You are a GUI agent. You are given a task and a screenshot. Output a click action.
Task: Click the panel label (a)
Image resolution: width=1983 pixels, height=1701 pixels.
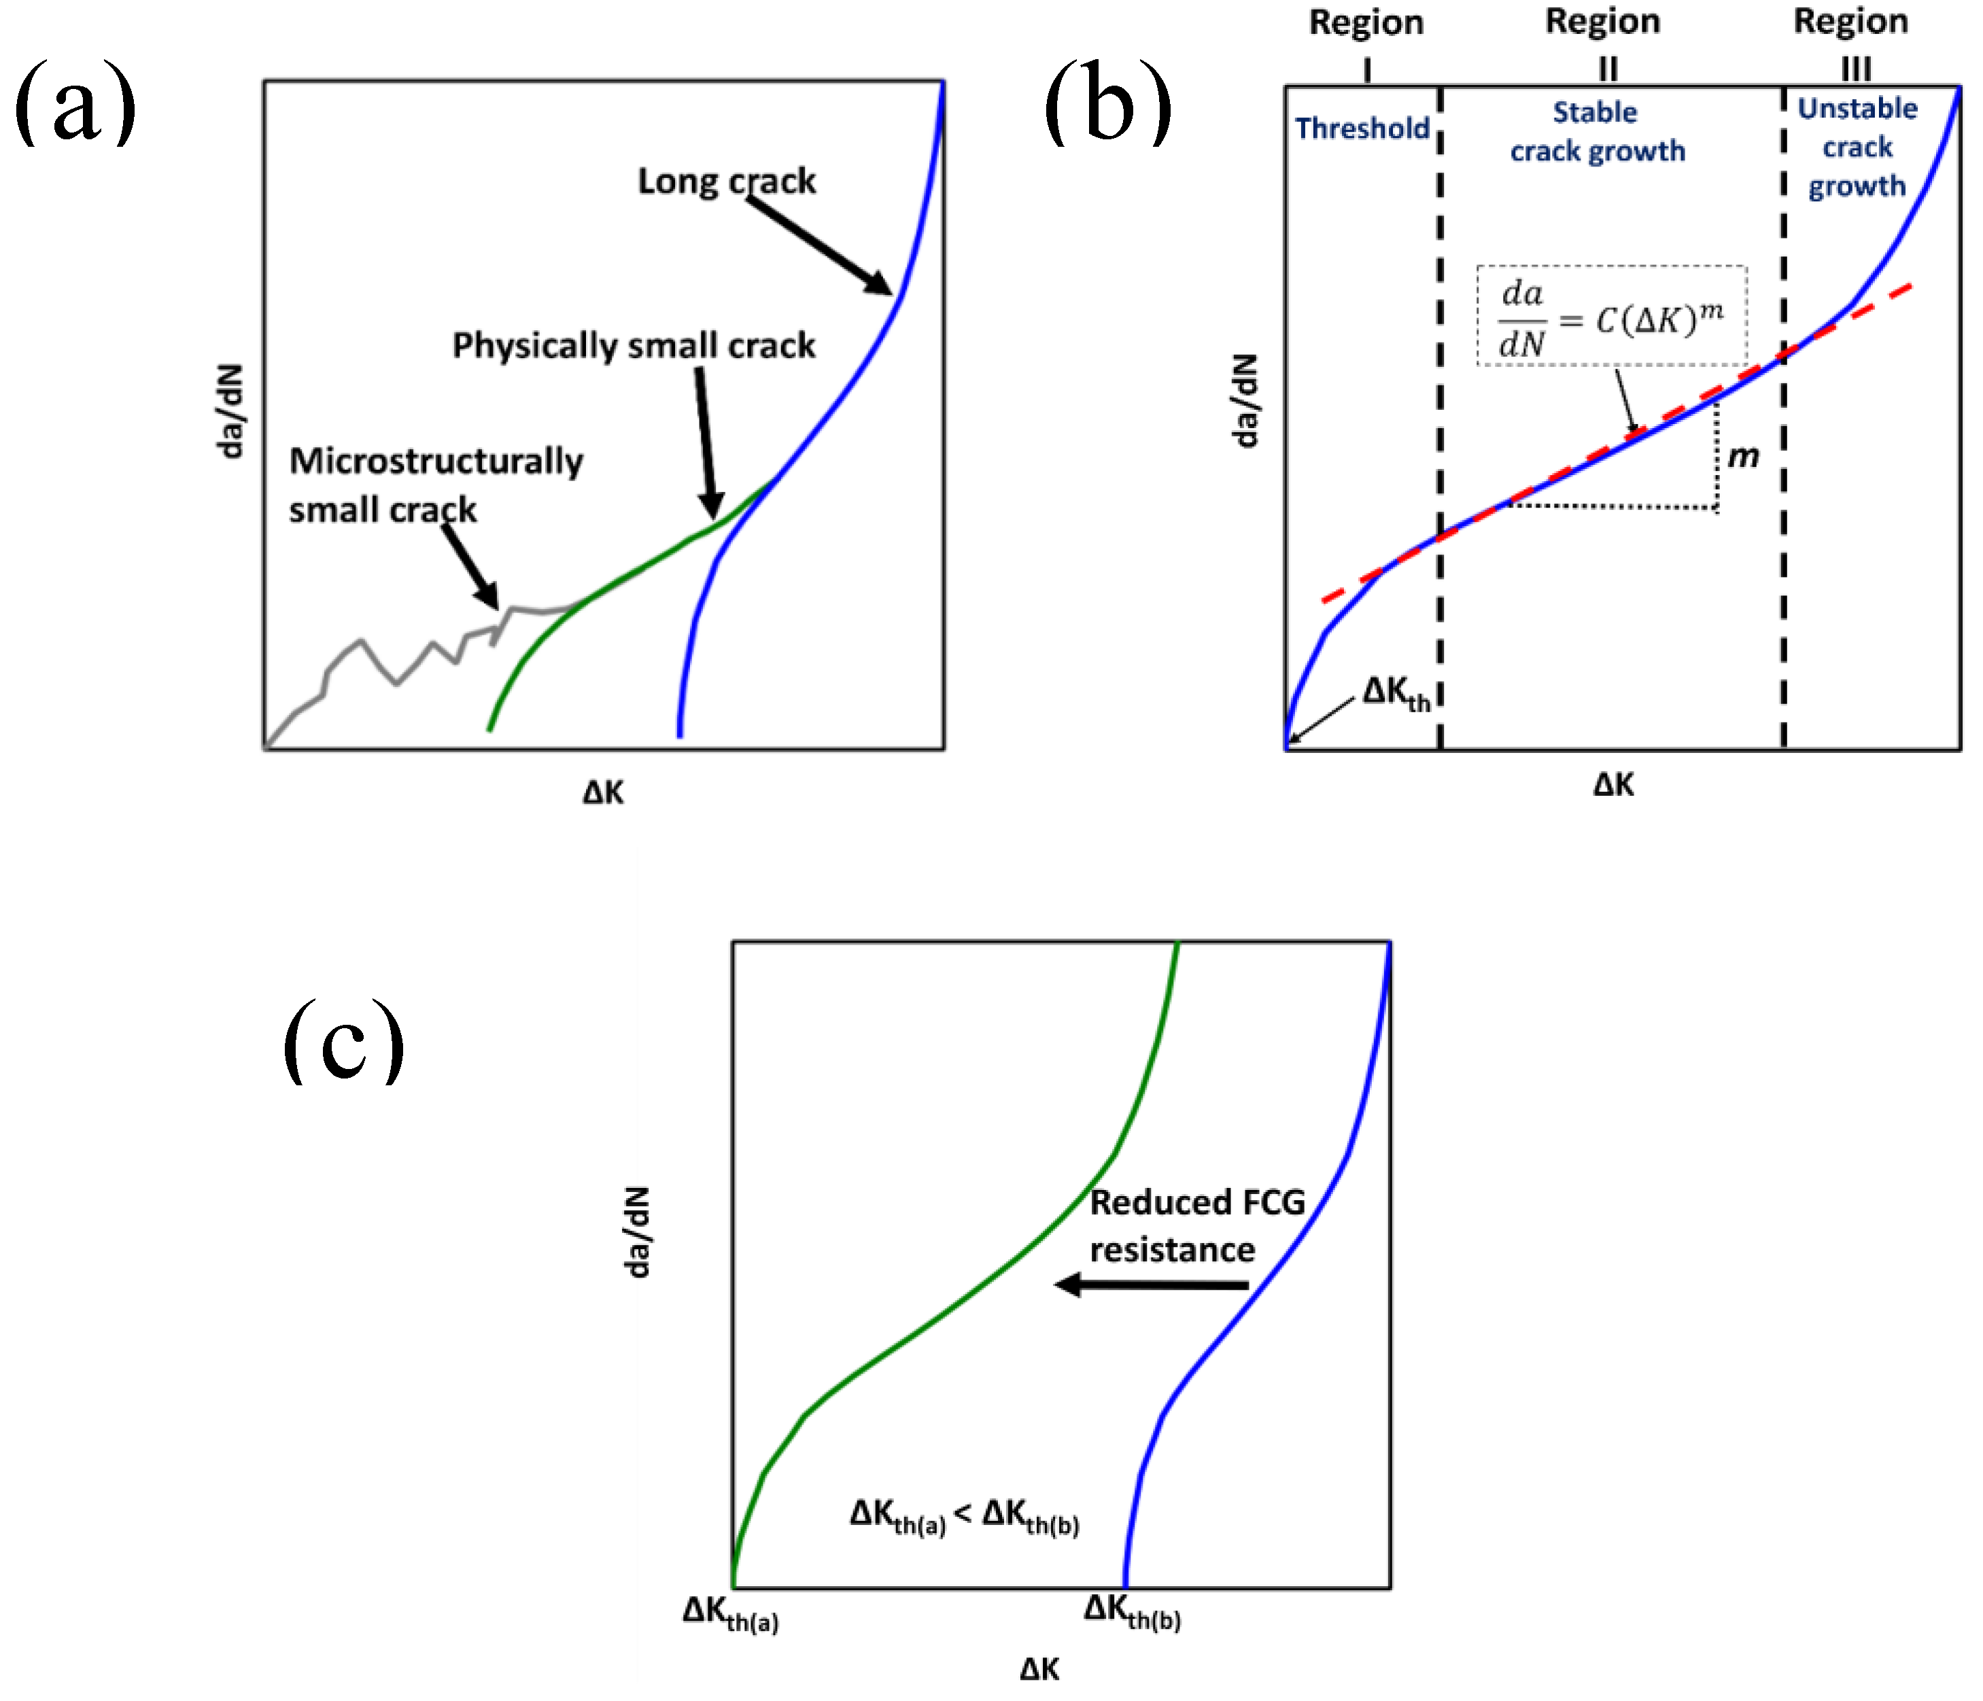(75, 103)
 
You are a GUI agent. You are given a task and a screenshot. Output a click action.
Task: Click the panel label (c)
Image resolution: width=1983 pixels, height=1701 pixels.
(343, 1042)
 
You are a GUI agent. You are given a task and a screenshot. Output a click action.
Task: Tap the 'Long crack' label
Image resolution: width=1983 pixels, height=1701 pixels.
(727, 181)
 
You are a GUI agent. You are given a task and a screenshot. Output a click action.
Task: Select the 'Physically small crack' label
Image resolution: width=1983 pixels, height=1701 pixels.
(634, 345)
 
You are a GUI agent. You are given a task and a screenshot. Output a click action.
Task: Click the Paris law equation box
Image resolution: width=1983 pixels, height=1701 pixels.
(1612, 316)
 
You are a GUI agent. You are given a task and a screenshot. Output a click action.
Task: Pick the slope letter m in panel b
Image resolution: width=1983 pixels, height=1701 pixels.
(1744, 457)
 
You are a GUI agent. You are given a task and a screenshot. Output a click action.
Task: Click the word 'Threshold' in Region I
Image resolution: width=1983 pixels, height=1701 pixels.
(1362, 128)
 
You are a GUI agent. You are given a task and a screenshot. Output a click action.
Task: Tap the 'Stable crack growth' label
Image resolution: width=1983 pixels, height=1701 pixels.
(1598, 132)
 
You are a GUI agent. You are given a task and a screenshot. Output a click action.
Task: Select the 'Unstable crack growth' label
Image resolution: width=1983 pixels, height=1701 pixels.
(1857, 147)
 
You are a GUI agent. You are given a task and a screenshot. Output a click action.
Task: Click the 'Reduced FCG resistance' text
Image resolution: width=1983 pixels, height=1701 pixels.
(1197, 1225)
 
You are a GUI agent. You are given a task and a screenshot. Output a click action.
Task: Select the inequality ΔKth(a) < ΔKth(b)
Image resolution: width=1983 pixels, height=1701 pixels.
(965, 1515)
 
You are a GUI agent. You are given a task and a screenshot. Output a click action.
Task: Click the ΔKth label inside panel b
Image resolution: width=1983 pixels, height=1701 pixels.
(1396, 692)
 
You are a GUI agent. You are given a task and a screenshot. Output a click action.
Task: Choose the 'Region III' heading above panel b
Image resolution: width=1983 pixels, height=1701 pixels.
(1851, 41)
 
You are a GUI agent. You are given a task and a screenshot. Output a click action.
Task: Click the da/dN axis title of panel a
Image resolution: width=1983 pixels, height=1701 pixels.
(230, 411)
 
